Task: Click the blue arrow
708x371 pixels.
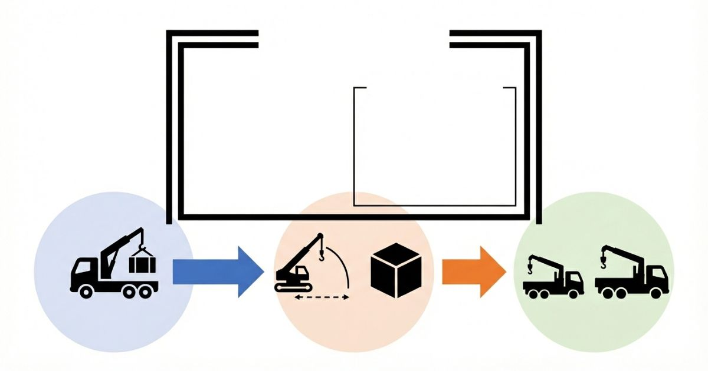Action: pyautogui.click(x=215, y=271)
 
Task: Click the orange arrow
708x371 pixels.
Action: pyautogui.click(x=472, y=271)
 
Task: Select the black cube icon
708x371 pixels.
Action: pyautogui.click(x=396, y=270)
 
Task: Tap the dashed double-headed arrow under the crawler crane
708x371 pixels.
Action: pyautogui.click(x=322, y=297)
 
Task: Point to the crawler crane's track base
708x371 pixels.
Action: pyautogui.click(x=293, y=287)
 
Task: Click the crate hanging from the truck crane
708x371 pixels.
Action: pyautogui.click(x=142, y=263)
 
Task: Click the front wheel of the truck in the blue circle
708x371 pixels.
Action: pyautogui.click(x=86, y=290)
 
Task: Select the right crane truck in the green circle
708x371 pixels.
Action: pyautogui.click(x=631, y=274)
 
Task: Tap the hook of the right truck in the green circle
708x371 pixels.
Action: pyautogui.click(x=604, y=258)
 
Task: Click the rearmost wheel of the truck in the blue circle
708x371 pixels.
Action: pyautogui.click(x=143, y=290)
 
